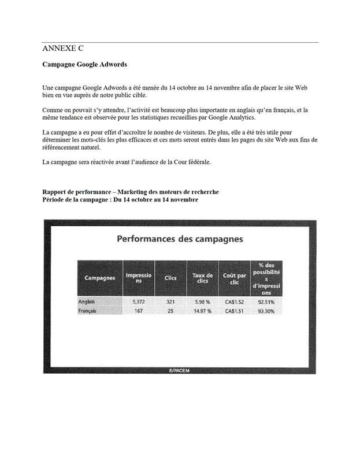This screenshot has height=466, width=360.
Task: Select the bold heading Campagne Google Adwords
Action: [x=84, y=64]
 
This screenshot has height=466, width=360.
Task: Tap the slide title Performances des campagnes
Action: [x=180, y=238]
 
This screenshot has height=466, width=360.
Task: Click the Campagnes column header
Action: [x=100, y=278]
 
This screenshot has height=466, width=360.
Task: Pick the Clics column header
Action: [x=170, y=278]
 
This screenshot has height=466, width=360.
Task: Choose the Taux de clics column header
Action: [x=202, y=278]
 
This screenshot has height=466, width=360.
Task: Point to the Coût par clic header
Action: [x=234, y=278]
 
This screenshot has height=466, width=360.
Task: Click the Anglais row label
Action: [x=87, y=302]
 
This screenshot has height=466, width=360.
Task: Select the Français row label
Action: [x=88, y=311]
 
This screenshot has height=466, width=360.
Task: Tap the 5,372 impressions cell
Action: [x=139, y=302]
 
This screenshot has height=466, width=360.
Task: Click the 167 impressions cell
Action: [x=139, y=311]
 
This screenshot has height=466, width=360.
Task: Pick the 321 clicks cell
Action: [x=170, y=302]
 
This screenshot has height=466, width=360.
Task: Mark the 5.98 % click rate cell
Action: [x=202, y=302]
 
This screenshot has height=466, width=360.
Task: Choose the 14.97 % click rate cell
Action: [x=202, y=311]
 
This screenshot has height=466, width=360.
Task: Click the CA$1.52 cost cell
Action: [x=234, y=302]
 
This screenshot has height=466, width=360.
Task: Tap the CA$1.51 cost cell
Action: [x=234, y=311]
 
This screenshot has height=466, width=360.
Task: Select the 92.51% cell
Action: [x=266, y=302]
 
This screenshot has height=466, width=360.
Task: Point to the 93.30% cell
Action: [x=266, y=311]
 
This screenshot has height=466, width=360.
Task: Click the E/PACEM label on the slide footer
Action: [x=179, y=371]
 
